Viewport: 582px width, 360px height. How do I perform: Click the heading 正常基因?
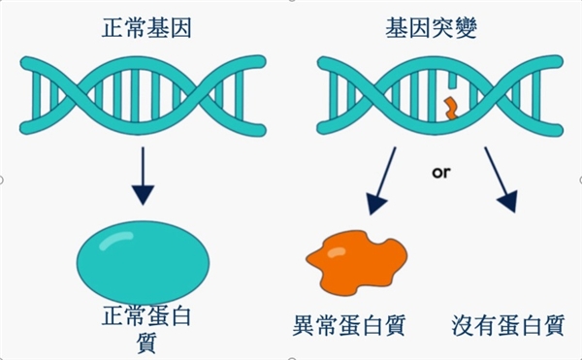(x=146, y=28)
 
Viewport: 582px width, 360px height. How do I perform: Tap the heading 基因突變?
(x=431, y=28)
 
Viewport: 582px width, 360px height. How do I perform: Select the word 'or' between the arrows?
(x=441, y=172)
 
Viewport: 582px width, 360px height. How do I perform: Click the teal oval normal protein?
(x=143, y=263)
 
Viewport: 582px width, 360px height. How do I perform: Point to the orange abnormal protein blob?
(x=356, y=263)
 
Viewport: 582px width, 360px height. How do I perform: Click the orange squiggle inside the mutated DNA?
(x=452, y=109)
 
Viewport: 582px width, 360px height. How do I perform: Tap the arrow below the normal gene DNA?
(x=143, y=176)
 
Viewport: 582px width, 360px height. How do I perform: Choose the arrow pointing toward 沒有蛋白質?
(x=501, y=180)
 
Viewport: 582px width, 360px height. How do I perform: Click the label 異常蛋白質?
(x=349, y=325)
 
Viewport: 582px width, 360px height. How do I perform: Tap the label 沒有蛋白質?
(x=508, y=325)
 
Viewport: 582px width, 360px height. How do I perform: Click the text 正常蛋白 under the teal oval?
(x=146, y=316)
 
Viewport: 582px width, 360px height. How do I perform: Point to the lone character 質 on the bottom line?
(x=146, y=343)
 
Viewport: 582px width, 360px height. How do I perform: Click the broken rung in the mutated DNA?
(x=452, y=81)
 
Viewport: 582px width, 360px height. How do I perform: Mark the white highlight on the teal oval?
(x=116, y=240)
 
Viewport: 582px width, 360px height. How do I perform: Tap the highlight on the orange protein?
(x=337, y=252)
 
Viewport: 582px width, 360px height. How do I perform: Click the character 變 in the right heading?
(x=466, y=28)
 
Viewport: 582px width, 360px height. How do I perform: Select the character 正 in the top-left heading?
(x=113, y=28)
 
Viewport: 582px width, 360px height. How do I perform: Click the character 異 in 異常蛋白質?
(x=304, y=325)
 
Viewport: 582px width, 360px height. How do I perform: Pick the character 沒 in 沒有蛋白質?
(x=463, y=325)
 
